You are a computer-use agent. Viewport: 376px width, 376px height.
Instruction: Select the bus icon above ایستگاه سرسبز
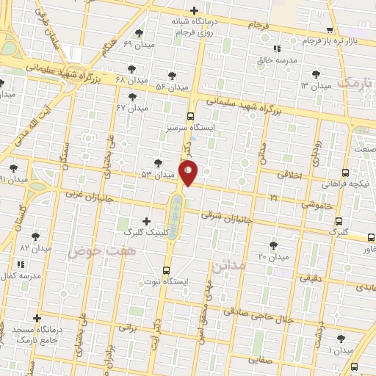tap(191, 116)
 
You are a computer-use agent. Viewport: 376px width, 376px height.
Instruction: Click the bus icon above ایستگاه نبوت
tap(166, 270)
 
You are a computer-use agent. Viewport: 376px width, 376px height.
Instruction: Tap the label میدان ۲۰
tap(274, 257)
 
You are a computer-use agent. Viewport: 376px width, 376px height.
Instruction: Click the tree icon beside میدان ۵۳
tap(158, 163)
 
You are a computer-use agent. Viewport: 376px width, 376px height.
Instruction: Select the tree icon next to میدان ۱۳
tap(315, 75)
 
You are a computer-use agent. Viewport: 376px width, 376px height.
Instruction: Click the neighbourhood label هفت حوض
tap(93, 252)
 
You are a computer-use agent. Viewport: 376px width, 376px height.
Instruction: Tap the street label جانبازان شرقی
tap(228, 217)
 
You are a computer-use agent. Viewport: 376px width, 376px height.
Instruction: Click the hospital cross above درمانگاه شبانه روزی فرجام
tap(194, 11)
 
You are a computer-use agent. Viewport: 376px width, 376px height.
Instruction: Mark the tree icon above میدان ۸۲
tap(35, 236)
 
